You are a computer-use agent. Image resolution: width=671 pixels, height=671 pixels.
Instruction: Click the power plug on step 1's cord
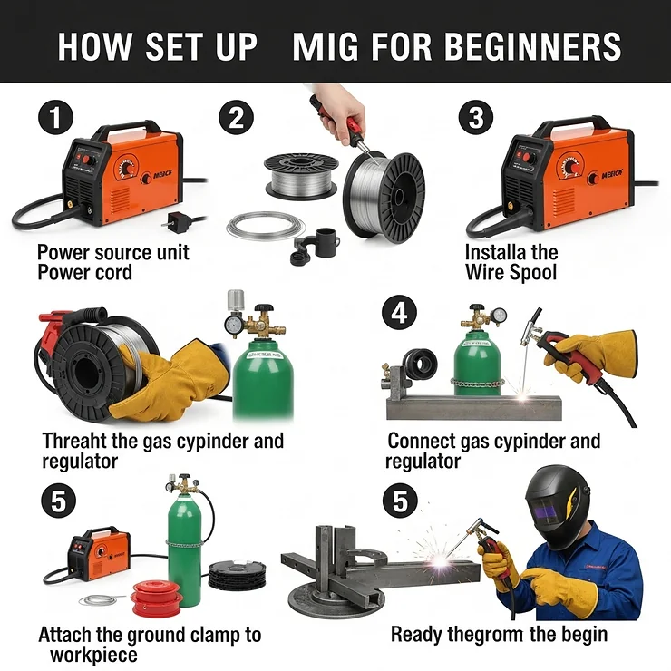point(170,220)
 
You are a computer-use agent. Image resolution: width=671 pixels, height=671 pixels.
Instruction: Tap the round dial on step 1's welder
point(127,168)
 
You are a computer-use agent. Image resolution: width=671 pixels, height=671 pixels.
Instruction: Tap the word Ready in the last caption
point(418,634)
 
